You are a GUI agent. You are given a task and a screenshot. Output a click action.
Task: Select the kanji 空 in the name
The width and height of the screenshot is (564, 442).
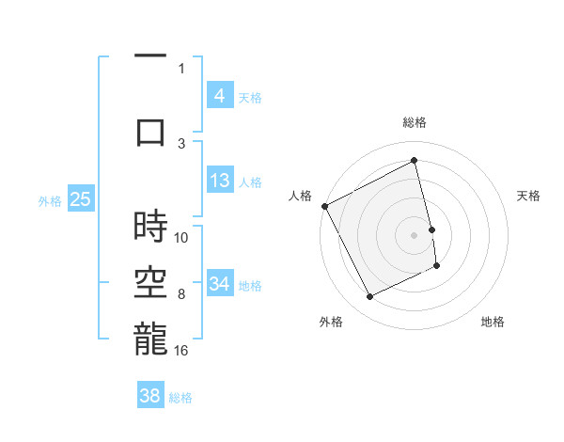tap(150, 282)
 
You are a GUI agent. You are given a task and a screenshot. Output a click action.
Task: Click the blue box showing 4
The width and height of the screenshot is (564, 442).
tap(219, 96)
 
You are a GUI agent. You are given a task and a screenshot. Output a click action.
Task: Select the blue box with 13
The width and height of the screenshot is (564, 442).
tap(219, 181)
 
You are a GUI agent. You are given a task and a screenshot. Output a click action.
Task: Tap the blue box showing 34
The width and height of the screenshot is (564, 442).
tap(219, 283)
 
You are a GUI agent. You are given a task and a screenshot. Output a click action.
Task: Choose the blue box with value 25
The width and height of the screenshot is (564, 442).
tap(81, 199)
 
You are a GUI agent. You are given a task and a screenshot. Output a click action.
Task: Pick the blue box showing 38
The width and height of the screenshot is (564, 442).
tap(150, 396)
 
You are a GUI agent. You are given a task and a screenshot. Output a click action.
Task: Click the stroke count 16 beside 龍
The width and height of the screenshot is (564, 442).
tap(181, 351)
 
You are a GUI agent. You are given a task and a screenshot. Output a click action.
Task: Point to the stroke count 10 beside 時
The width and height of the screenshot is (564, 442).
tap(181, 237)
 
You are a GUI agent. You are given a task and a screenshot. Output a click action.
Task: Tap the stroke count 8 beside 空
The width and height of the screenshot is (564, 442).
tap(181, 294)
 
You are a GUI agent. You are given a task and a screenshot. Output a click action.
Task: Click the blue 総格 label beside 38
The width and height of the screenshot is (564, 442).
tap(180, 398)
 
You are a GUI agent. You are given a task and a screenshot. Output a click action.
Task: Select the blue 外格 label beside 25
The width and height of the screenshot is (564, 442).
tap(50, 200)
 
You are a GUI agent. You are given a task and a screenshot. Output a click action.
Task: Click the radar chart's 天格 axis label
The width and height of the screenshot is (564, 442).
tap(529, 196)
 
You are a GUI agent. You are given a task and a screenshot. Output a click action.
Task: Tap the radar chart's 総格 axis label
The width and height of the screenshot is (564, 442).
tap(415, 122)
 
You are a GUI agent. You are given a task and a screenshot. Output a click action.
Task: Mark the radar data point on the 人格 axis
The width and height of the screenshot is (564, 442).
tap(324, 205)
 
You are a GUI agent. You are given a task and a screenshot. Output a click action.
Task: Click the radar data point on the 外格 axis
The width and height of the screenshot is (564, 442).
tap(369, 297)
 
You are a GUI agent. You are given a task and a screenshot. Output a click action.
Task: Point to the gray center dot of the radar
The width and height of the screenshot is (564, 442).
tap(415, 234)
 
